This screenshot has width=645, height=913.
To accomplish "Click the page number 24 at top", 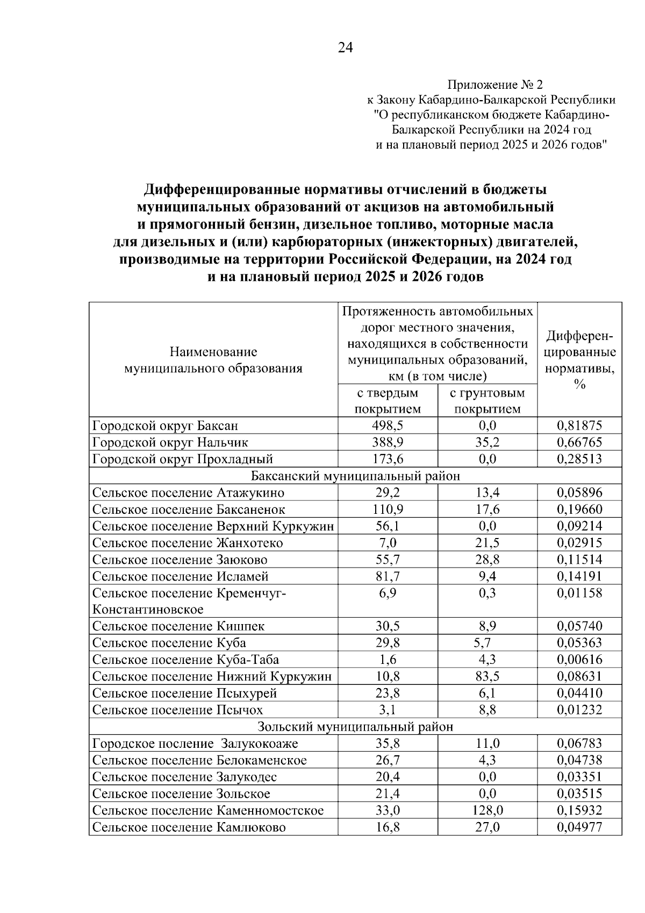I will click(346, 48).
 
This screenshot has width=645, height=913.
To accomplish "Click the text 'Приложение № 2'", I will click(494, 85).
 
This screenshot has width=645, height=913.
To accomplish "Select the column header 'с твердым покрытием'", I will click(388, 401).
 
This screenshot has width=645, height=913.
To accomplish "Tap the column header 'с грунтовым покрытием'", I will click(487, 401).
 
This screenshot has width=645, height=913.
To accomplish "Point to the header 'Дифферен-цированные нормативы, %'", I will click(580, 360).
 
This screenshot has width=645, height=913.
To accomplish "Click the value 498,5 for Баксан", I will click(388, 426).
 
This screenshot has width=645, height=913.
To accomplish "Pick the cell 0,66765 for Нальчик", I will click(579, 442).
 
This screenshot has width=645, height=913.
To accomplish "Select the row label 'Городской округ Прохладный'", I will click(183, 459).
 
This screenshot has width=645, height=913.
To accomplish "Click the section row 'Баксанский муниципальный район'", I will click(355, 476).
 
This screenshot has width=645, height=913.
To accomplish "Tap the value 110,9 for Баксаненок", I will click(388, 509).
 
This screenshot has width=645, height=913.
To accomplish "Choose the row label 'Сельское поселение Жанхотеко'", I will click(188, 542).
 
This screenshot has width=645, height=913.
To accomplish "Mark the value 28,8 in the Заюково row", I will click(487, 559).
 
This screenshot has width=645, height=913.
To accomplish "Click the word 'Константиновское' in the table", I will click(148, 610).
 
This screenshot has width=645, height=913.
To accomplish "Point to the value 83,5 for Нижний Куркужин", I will click(487, 676).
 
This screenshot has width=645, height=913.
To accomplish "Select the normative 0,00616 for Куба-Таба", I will click(579, 659).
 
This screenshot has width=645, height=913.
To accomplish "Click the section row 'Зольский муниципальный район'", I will click(355, 726).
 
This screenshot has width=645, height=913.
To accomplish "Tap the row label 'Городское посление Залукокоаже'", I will click(195, 744).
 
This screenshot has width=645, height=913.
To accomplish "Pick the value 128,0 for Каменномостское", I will click(487, 810).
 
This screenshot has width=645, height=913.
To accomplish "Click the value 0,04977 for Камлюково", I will click(579, 827).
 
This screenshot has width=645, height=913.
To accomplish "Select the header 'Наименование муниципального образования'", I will click(213, 360).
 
